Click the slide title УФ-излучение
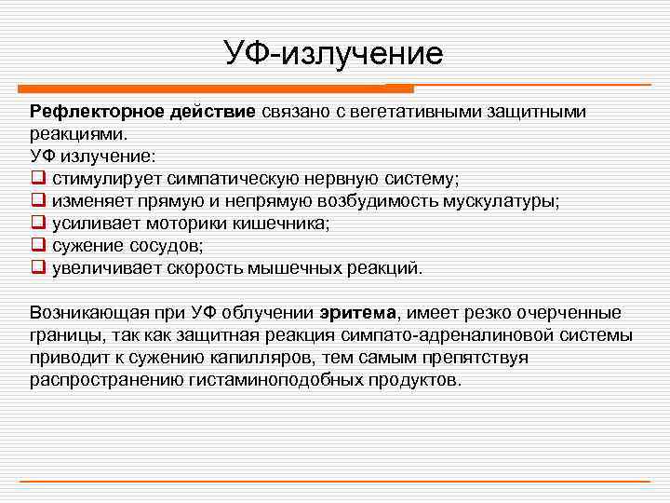tap(334, 53)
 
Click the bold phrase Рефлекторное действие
tap(142, 112)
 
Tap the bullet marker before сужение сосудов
tap(38, 246)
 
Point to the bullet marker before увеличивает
tap(38, 268)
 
